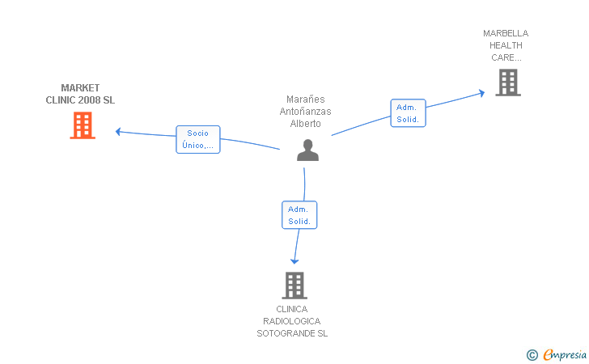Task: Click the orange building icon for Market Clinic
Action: (83, 125)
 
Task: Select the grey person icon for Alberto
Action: (307, 150)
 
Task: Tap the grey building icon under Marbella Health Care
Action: (508, 83)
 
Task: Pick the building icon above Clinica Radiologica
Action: (294, 286)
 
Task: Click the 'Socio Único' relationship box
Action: (198, 139)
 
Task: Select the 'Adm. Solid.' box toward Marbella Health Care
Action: (408, 113)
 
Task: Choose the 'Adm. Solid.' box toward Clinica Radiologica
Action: (299, 215)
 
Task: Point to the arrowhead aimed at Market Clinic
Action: (118, 132)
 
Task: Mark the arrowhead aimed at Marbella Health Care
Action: (481, 93)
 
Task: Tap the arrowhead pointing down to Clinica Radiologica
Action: (294, 261)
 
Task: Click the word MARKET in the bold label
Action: (80, 88)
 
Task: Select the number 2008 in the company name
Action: (89, 100)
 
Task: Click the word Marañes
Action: (305, 99)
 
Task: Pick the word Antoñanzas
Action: (305, 111)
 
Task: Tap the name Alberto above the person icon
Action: (305, 124)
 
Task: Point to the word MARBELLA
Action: (506, 33)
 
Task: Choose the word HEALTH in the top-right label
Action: (506, 45)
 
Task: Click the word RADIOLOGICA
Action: (292, 321)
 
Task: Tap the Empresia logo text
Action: (565, 354)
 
